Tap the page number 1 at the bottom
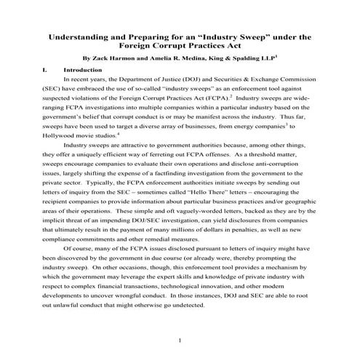(180, 340)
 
